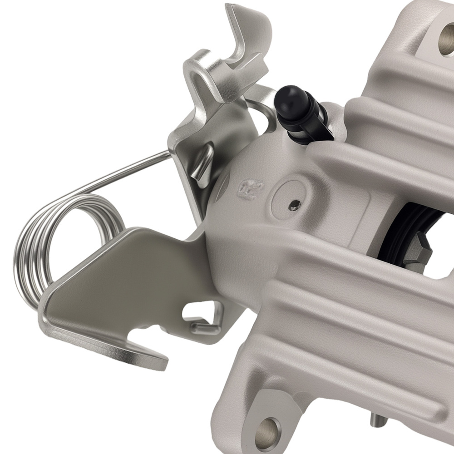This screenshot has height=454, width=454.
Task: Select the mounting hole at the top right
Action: coord(448,39)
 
